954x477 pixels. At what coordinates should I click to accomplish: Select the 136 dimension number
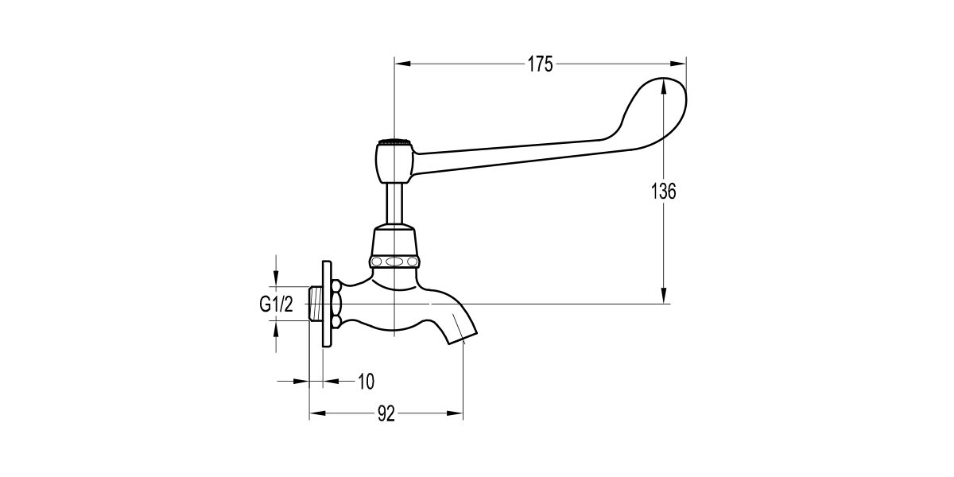(x=663, y=192)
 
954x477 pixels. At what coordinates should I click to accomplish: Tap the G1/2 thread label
(x=276, y=303)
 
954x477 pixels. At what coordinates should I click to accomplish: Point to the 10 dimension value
(x=365, y=382)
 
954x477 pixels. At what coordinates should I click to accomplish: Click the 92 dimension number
(x=386, y=413)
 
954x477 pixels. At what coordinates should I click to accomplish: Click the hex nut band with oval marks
(x=394, y=262)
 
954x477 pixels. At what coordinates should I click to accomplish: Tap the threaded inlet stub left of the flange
(x=315, y=303)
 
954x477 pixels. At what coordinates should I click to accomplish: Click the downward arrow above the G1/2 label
(x=276, y=278)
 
